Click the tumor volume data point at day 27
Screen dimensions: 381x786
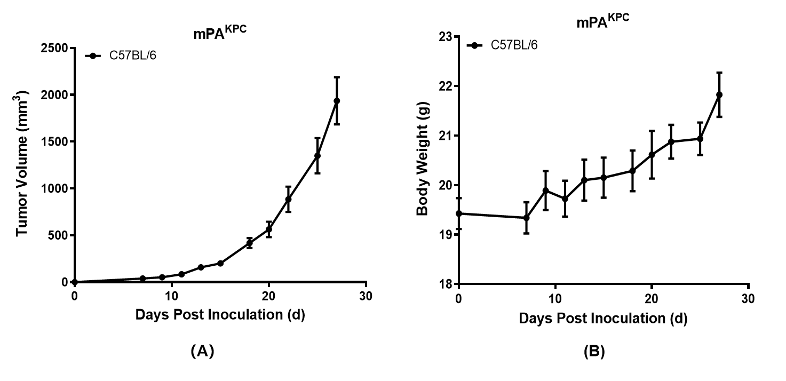(337, 101)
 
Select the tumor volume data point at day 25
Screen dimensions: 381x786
(317, 156)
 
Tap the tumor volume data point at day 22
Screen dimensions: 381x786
(288, 200)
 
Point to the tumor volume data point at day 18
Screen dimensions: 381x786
(249, 243)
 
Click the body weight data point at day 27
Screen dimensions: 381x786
(719, 94)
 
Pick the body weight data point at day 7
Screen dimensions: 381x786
(526, 218)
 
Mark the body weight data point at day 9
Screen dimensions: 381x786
(545, 190)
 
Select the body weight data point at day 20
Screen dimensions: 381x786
(652, 154)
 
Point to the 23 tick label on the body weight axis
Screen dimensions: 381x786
(446, 37)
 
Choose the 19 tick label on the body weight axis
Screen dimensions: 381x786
(446, 235)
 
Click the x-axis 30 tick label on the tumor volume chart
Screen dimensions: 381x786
(366, 296)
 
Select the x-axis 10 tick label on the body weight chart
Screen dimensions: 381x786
(555, 298)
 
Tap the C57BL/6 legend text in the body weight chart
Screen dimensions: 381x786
(514, 45)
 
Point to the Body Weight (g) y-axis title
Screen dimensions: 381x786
(423, 161)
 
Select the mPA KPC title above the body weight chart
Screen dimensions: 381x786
(602, 22)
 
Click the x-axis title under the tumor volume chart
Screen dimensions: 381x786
(220, 314)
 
